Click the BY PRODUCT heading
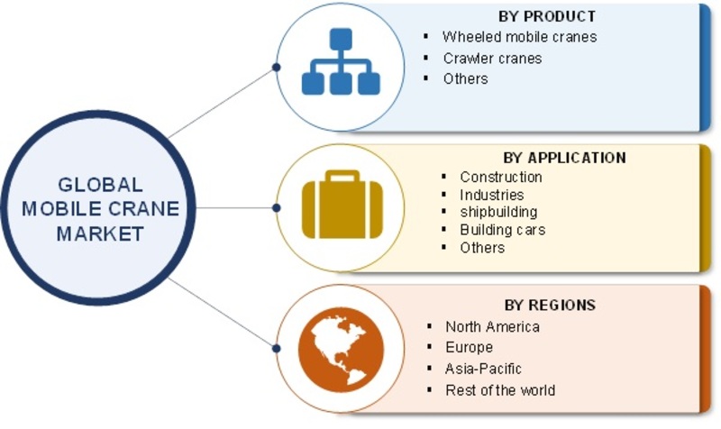(547, 16)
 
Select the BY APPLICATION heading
(565, 158)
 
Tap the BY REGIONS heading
(550, 305)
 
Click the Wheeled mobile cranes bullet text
(520, 37)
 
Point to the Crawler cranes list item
(492, 59)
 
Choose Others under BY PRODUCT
(465, 78)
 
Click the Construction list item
(501, 177)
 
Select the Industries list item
(491, 195)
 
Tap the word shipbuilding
(498, 212)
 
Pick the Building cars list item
(503, 230)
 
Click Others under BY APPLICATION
(482, 248)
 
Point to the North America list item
(492, 327)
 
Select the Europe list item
(469, 347)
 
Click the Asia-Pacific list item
(483, 369)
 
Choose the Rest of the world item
(500, 390)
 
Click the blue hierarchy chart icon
(341, 61)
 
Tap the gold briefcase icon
(342, 205)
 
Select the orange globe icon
(341, 350)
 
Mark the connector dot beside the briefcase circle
(277, 208)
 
